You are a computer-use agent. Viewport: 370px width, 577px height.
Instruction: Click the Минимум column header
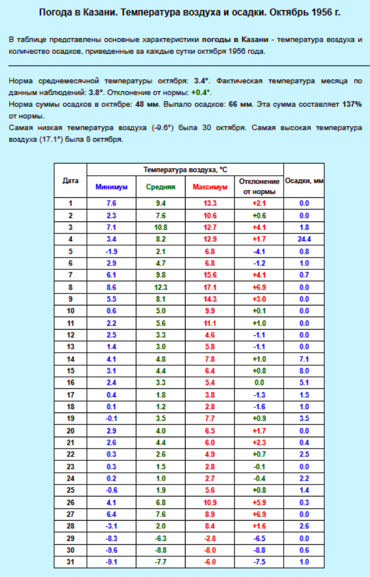[x=112, y=187]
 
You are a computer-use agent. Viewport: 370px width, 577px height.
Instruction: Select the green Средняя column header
[x=161, y=187]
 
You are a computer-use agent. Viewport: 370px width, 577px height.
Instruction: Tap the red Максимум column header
[x=210, y=187]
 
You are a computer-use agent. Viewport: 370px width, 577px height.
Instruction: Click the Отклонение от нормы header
[x=259, y=187]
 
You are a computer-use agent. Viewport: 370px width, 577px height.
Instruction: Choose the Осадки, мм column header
[x=305, y=181]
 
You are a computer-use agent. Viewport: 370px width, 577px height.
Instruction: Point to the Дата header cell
[x=71, y=181]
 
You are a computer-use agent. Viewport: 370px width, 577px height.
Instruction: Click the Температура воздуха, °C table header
[x=185, y=170]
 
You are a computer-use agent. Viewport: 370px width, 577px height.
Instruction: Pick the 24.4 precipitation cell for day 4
[x=305, y=239]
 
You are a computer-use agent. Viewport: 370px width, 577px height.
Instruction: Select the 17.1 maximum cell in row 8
[x=210, y=287]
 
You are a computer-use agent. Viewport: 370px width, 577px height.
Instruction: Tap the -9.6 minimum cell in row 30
[x=112, y=550]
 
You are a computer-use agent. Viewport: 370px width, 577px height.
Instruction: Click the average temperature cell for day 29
[x=161, y=538]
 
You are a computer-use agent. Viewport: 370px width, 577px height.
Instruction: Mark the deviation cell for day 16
[x=259, y=383]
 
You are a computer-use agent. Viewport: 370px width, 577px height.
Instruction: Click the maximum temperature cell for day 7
[x=210, y=275]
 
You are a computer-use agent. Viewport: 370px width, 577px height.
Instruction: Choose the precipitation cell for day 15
[x=305, y=371]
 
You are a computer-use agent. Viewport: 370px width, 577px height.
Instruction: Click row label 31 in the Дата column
[x=71, y=562]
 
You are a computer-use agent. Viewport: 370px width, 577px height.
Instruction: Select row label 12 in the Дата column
[x=71, y=335]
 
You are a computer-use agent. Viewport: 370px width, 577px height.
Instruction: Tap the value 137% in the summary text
[x=352, y=104]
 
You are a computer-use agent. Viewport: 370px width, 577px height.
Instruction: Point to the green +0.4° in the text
[x=201, y=92]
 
